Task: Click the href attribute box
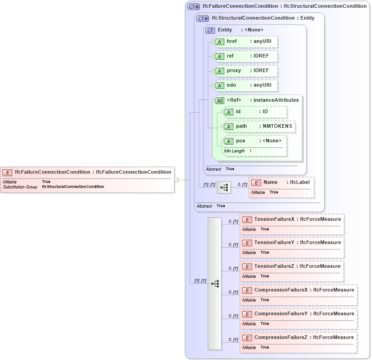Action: coord(245,42)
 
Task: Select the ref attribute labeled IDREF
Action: coord(245,56)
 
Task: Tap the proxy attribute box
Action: coord(245,71)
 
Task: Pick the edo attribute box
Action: coord(245,85)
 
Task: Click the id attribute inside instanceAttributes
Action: coord(254,112)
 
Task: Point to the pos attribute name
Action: coord(241,141)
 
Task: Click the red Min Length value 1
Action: coord(250,151)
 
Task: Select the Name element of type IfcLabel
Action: coord(281,183)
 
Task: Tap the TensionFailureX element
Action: coord(292,219)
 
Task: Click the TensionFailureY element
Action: coord(292,243)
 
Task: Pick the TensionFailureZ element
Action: coord(292,266)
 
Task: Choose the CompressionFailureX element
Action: coord(298,290)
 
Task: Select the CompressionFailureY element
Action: coord(298,314)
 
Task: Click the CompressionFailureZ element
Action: coord(298,338)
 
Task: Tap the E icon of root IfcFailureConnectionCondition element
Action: coord(7,172)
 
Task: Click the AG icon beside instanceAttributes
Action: coord(219,100)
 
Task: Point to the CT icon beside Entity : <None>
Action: coord(210,30)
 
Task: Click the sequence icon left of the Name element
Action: coord(224,188)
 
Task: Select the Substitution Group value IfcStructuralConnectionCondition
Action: coord(73,187)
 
